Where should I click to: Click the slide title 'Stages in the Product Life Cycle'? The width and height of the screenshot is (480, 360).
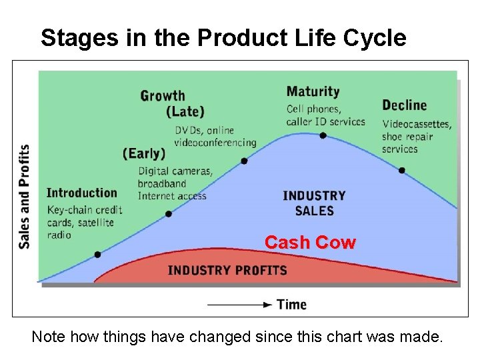click(x=223, y=38)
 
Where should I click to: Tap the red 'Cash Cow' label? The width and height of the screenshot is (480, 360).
click(x=310, y=243)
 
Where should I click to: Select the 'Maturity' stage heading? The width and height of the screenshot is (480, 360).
click(x=313, y=92)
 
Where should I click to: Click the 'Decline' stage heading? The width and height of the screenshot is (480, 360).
click(x=404, y=105)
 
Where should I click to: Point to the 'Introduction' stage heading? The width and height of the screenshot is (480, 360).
click(x=81, y=193)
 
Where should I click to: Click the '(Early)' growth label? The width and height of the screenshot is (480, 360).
click(x=144, y=153)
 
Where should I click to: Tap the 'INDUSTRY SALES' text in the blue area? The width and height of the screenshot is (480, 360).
click(x=314, y=203)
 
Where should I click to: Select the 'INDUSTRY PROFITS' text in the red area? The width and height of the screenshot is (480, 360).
click(x=227, y=271)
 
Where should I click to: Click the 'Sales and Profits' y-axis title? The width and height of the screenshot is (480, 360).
click(x=25, y=197)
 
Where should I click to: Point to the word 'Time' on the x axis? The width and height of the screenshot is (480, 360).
click(x=291, y=305)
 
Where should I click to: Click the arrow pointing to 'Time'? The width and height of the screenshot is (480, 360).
click(x=240, y=305)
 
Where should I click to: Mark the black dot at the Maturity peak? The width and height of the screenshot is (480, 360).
click(x=323, y=135)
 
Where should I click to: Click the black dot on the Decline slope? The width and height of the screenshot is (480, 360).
click(x=401, y=171)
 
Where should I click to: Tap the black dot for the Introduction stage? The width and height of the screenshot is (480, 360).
click(x=97, y=254)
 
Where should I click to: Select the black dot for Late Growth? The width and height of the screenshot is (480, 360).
click(x=244, y=161)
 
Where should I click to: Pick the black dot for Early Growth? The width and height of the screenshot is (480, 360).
click(x=169, y=214)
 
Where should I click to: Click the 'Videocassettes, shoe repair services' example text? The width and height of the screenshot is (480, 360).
click(x=417, y=136)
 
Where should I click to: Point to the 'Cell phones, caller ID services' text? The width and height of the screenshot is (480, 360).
click(x=326, y=115)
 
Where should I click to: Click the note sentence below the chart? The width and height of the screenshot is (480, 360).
click(x=237, y=337)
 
